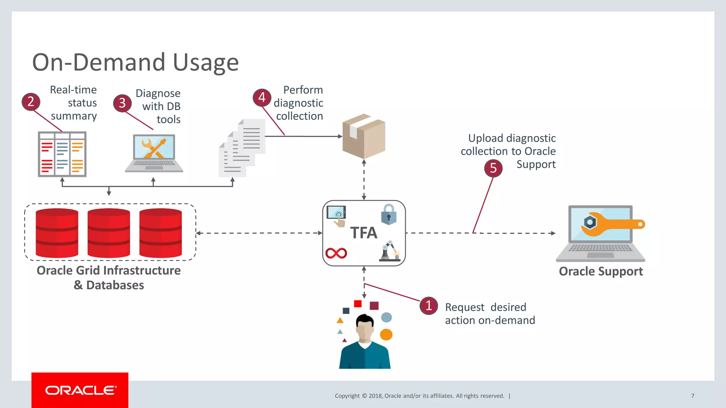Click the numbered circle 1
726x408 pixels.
coord(429,306)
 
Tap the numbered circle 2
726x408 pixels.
coord(31,102)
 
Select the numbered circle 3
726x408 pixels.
coord(122,103)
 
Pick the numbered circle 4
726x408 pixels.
coord(262,97)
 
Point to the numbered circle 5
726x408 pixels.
coord(493,168)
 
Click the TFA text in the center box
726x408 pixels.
coord(364,233)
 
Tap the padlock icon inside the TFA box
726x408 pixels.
coord(389,215)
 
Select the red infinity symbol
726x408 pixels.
coord(336,253)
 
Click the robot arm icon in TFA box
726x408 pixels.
coord(389,251)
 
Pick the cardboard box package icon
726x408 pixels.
coord(364,136)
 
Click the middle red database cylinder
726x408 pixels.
coord(109,233)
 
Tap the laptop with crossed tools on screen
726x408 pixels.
coord(154,153)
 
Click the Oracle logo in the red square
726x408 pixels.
coord(80,390)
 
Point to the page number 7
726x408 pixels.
coord(692,396)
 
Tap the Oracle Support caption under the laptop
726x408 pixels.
coord(601,272)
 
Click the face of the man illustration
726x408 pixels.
coord(365,330)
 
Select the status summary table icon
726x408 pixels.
coord(62,154)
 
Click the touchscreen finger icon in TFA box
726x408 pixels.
coord(336,216)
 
